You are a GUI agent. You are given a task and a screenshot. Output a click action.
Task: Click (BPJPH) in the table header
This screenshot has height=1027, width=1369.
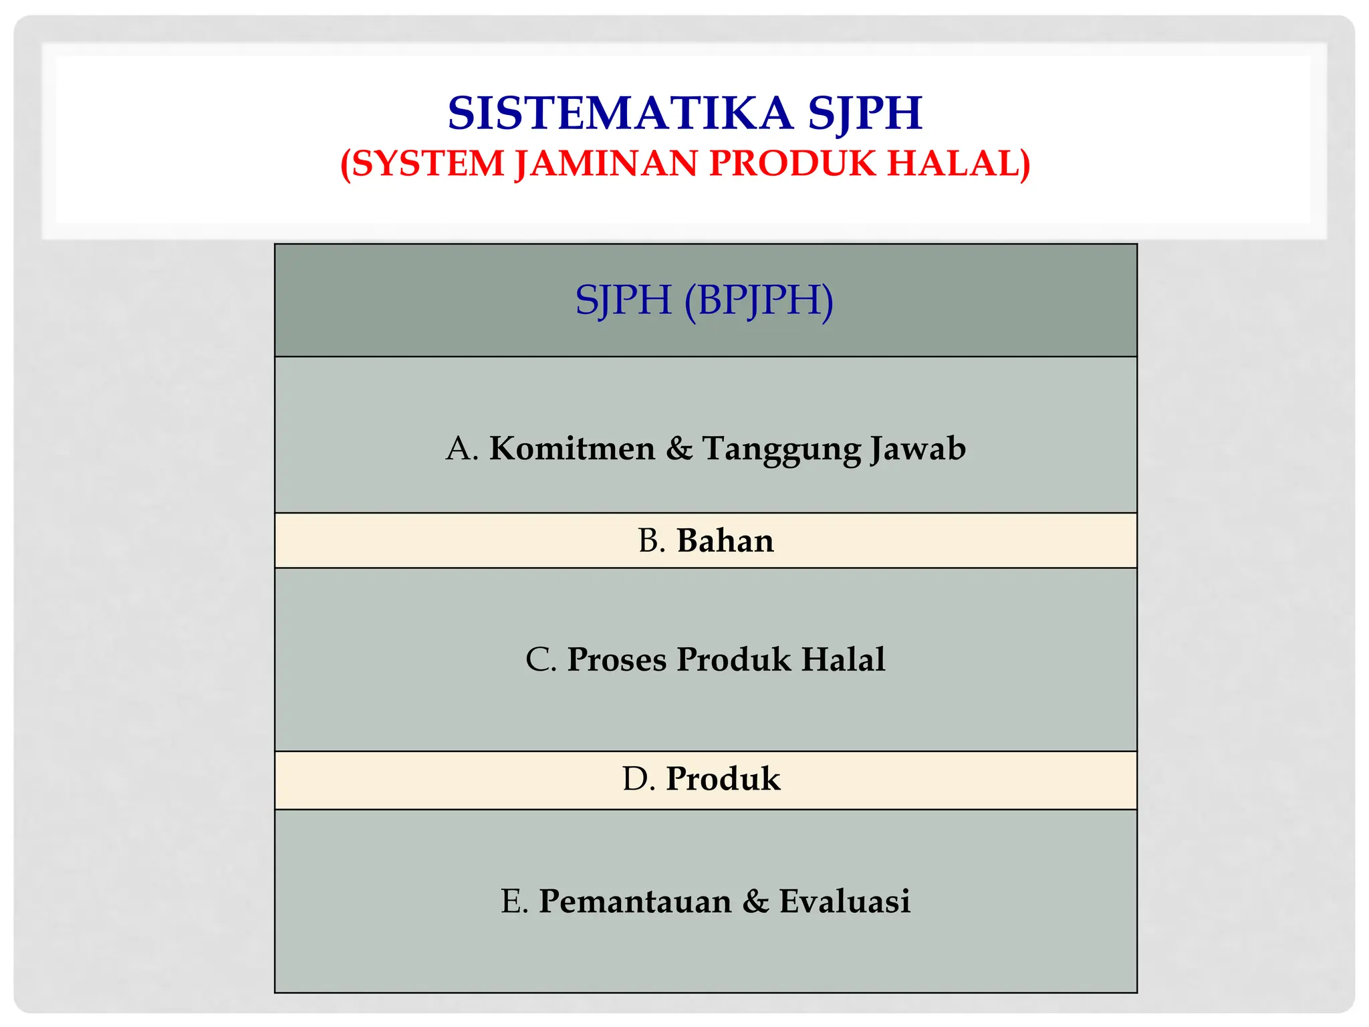(x=759, y=300)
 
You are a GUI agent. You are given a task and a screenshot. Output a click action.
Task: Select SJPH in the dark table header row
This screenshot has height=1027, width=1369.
(x=623, y=300)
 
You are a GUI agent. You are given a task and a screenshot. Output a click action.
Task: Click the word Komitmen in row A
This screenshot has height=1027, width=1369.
(x=572, y=448)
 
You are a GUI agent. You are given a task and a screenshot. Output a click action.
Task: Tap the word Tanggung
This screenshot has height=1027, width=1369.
(x=781, y=449)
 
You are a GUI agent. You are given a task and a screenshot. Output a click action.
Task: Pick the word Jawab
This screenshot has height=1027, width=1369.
(x=918, y=448)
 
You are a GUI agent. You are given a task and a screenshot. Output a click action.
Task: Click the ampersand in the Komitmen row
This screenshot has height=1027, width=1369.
(x=679, y=448)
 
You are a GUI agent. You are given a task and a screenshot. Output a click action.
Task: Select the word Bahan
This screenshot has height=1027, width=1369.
(x=725, y=540)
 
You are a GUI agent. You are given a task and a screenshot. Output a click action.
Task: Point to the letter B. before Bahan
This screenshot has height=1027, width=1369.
(x=652, y=540)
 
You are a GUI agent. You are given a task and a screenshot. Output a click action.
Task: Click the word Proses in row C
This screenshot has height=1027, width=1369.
(x=617, y=659)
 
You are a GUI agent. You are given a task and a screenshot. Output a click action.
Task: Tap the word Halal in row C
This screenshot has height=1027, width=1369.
(x=843, y=659)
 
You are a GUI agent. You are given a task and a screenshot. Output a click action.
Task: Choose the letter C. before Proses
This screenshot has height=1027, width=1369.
(x=541, y=659)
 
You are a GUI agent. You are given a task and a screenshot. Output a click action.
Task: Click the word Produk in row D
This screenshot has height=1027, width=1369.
(x=723, y=779)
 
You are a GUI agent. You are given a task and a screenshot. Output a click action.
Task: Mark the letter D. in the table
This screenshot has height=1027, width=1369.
(x=638, y=779)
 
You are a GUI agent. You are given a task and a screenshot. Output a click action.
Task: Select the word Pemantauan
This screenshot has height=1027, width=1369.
(x=635, y=901)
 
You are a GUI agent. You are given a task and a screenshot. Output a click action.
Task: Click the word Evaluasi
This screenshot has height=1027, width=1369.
(x=844, y=901)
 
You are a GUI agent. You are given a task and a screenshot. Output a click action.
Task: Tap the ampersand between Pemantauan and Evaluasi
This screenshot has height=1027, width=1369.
(x=755, y=901)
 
